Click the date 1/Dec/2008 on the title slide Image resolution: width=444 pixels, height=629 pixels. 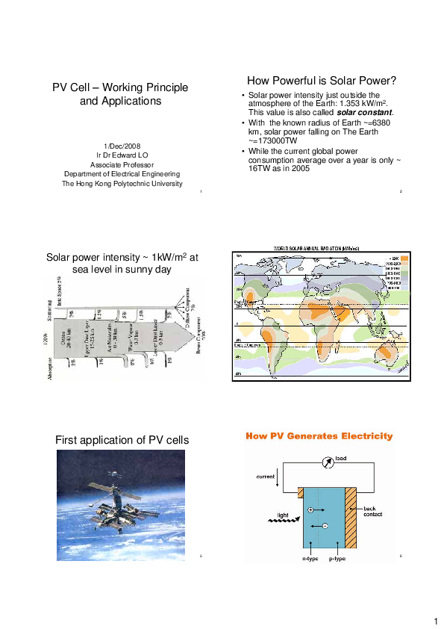pos(119,146)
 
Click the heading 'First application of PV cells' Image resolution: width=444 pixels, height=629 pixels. pos(122,440)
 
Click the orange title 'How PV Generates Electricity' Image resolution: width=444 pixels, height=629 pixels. pos(319,436)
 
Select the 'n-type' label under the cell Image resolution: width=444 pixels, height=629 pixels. pos(310,558)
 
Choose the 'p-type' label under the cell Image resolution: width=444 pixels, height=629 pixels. pos(337,558)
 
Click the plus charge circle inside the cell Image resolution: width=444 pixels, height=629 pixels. pos(310,509)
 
